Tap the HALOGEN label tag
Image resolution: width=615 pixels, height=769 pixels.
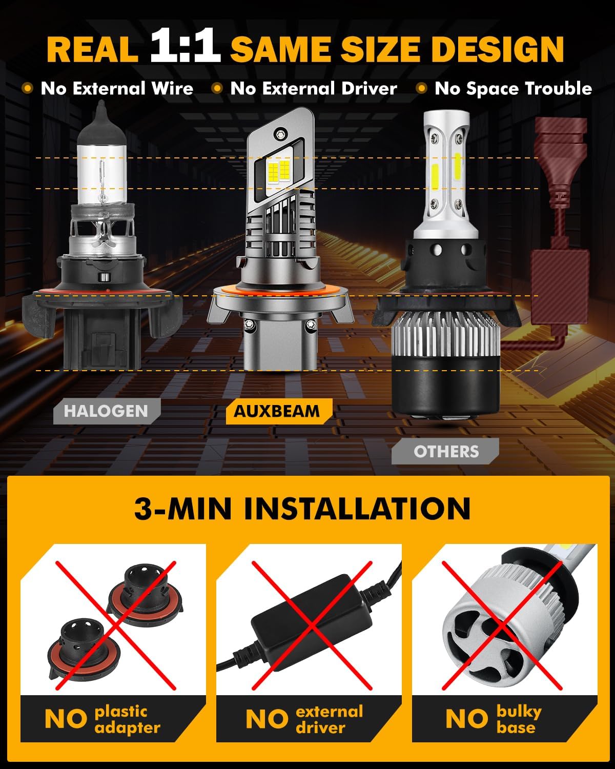pos(106,411)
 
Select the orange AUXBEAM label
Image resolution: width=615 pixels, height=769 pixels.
pos(277,411)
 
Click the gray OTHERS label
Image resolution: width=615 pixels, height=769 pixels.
pos(446,451)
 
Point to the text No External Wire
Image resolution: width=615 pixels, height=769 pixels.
pos(117,89)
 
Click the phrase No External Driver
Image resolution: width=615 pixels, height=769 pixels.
pos(313,89)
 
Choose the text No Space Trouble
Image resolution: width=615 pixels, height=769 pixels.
pos(513,89)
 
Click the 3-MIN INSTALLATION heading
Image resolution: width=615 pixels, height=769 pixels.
pos(302,509)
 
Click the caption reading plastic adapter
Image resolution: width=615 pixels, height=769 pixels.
pos(127,719)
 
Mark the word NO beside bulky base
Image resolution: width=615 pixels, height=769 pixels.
pos(466,719)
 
